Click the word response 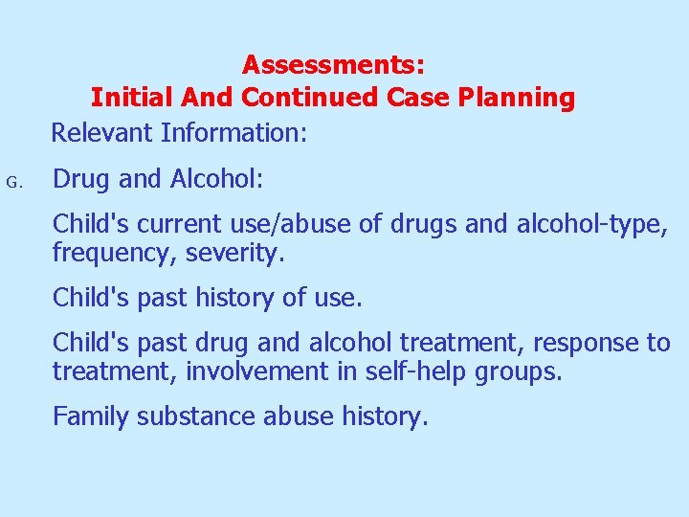point(578,343)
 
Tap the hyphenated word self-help point(416,371)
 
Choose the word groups point(518,372)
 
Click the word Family point(91,417)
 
